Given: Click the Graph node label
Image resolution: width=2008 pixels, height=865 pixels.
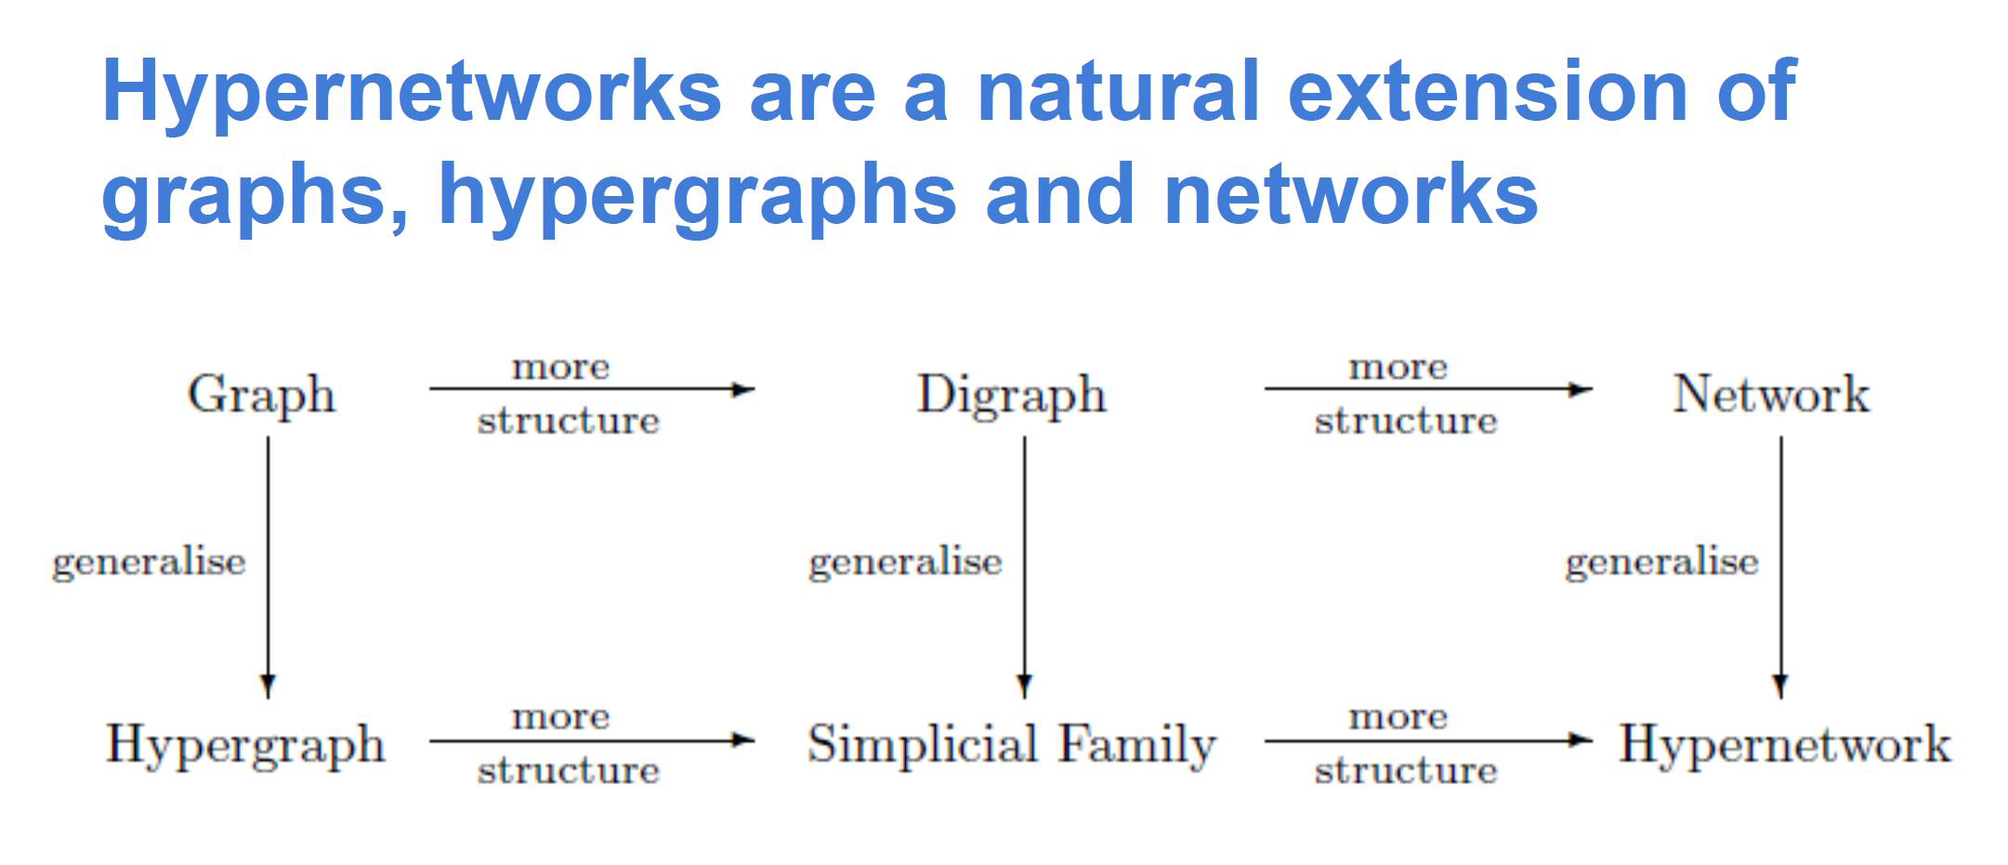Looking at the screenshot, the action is (261, 396).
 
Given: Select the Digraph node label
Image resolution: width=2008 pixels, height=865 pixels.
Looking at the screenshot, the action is (1012, 396).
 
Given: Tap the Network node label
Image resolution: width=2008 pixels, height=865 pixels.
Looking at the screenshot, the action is (1771, 394).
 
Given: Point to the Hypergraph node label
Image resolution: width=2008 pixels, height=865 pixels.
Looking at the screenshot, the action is (245, 746).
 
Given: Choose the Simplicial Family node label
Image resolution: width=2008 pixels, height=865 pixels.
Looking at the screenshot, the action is (1012, 746).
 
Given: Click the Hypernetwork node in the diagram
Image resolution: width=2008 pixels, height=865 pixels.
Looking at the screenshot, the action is (1785, 746).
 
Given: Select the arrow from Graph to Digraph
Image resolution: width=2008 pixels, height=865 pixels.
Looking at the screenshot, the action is (592, 389).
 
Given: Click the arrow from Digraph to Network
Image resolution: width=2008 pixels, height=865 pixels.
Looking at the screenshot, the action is (1428, 389).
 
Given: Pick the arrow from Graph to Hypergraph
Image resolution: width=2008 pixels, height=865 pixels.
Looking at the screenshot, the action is (269, 568).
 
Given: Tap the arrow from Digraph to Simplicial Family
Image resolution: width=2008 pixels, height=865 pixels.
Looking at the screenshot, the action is (1025, 568).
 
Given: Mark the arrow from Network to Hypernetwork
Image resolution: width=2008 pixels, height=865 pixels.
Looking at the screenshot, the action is (1780, 568).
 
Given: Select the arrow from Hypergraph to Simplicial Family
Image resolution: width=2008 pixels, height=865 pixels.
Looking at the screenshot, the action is (592, 740).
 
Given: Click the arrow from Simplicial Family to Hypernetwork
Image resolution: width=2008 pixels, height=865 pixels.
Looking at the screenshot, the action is (1428, 740).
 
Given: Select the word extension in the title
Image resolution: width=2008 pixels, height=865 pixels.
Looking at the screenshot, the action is (1488, 91).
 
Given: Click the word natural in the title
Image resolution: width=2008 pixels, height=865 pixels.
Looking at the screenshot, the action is (1118, 91).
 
